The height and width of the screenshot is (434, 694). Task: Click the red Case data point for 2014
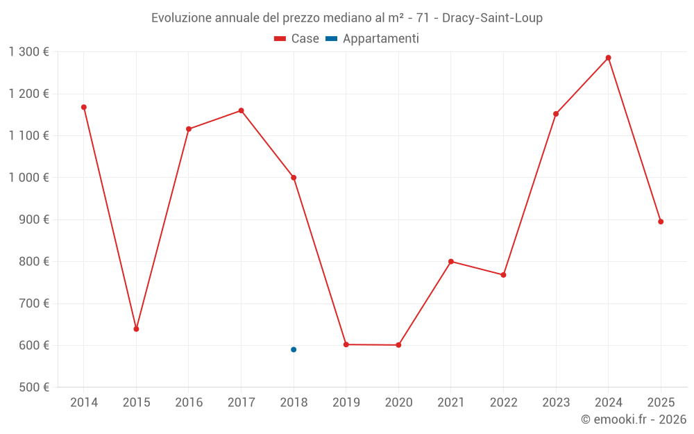coord(84,107)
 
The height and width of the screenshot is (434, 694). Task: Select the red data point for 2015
coord(136,328)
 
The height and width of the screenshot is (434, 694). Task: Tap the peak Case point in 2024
coord(609,58)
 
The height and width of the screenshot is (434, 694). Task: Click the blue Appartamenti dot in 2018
coord(294,349)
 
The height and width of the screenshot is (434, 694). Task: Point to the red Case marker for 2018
coord(294,178)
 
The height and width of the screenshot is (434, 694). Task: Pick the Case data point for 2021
coord(451,262)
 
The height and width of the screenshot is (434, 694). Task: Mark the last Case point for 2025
coord(661,222)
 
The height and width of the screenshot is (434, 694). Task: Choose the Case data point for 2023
coord(556,114)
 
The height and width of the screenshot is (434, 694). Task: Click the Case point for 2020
coord(398,345)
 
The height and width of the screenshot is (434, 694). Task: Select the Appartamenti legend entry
coord(380,39)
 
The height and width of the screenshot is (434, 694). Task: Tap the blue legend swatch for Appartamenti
coord(332,39)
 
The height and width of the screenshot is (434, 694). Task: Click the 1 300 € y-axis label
coord(28,52)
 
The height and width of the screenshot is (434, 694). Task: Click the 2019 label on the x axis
coord(346,403)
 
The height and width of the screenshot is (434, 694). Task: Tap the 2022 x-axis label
coord(503,403)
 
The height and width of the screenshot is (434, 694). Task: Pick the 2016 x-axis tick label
coord(189,403)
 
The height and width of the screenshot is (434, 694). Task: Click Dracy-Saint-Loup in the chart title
coord(492,18)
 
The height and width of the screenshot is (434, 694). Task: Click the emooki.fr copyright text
coord(634,419)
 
